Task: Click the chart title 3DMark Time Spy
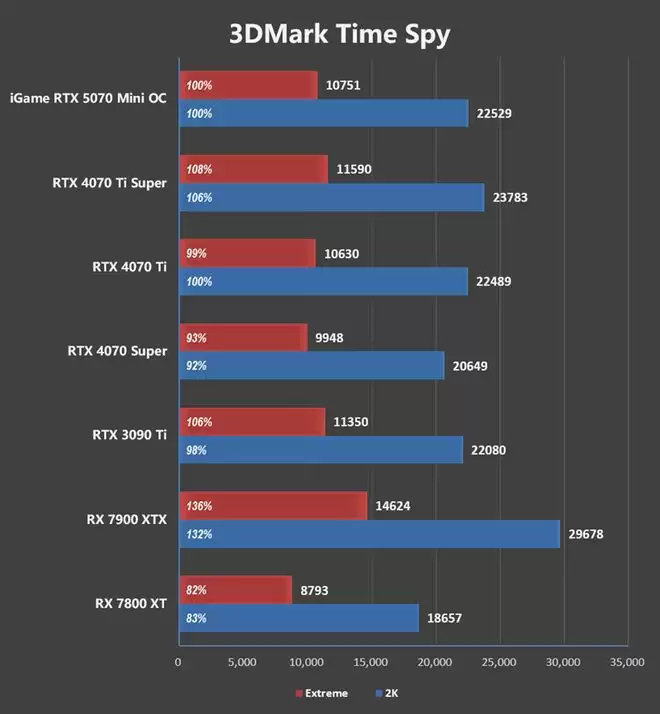pos(340,34)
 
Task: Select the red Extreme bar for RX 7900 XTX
pos(273,506)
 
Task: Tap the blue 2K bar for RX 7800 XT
pos(298,618)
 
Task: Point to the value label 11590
pos(355,170)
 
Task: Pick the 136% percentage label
pos(200,506)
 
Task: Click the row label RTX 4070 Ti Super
pos(109,183)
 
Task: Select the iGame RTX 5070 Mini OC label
pos(87,98)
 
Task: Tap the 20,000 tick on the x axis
pos(435,662)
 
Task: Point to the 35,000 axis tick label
pos(628,662)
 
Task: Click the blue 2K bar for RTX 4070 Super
pos(311,366)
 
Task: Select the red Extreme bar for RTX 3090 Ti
pos(252,422)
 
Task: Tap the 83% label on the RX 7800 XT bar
pos(196,618)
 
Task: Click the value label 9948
pos(329,338)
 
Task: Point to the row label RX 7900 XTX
pos(126,519)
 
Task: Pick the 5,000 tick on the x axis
pos(242,662)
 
